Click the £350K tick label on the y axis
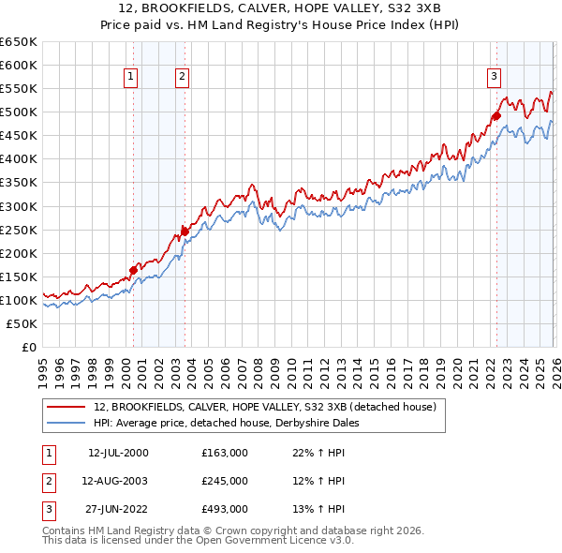click(19, 183)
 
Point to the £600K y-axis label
click(19, 65)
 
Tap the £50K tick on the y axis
click(22, 323)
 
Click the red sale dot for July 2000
click(133, 270)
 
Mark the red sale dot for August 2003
click(185, 232)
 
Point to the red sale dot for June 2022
click(496, 115)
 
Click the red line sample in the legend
click(67, 408)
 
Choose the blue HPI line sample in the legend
click(67, 424)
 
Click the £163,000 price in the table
click(225, 453)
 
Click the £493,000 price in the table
click(225, 509)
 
